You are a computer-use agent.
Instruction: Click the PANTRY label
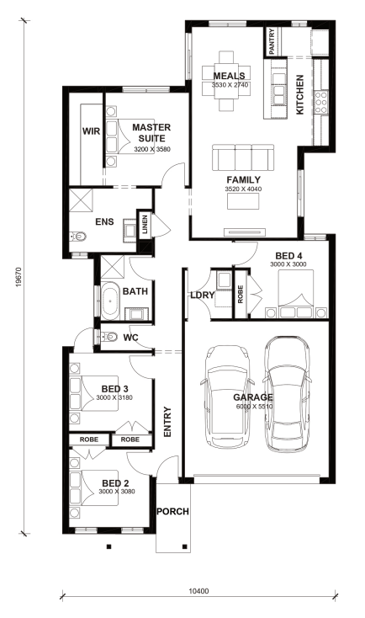272,42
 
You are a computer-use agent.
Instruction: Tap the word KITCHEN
299,94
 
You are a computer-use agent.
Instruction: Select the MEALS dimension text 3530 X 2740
230,84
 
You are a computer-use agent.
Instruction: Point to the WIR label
91,131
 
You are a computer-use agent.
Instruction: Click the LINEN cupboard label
145,224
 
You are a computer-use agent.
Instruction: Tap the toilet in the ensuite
78,237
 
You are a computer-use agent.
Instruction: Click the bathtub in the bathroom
110,301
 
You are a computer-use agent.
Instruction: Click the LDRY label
203,295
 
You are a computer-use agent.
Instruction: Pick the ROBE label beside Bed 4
241,294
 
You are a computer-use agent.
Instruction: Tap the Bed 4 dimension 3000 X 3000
288,264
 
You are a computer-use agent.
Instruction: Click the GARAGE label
253,397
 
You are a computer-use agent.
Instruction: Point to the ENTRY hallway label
167,422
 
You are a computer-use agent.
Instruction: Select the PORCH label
173,512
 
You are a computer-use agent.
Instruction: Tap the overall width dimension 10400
198,591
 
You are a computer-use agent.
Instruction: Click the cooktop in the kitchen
321,102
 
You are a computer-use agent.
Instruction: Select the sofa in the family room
243,157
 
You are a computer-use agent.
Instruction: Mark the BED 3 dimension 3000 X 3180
114,397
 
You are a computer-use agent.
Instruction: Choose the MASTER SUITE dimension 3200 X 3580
152,149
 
